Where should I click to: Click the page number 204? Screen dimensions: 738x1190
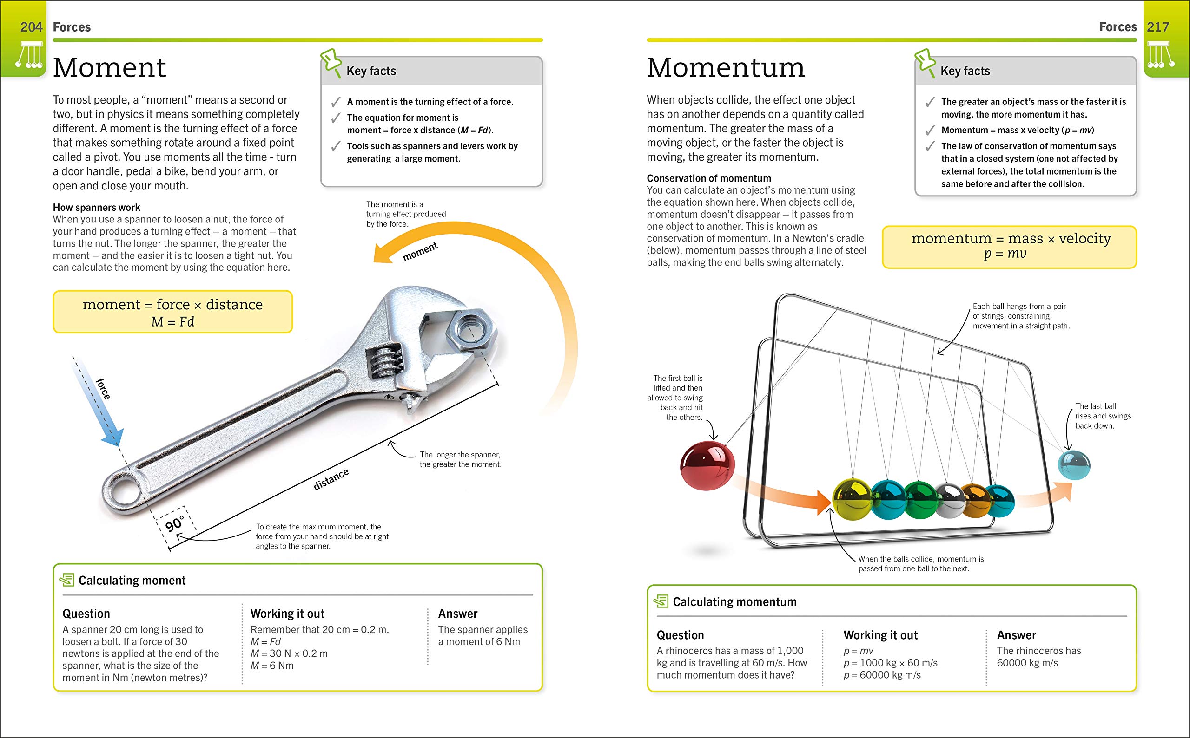click(31, 27)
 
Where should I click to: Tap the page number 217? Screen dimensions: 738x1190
click(1158, 27)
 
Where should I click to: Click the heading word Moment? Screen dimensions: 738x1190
click(109, 68)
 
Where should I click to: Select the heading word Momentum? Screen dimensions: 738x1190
click(726, 68)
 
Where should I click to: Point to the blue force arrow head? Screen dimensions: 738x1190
click(113, 437)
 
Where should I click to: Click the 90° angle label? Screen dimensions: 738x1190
click(174, 524)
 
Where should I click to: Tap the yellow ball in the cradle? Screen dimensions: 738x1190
click(853, 499)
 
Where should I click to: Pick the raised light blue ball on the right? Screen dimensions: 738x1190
click(1074, 464)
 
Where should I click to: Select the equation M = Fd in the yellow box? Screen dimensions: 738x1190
click(172, 322)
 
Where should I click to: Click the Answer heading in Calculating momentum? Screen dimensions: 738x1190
click(1016, 635)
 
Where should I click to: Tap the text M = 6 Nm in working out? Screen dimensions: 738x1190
click(272, 666)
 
